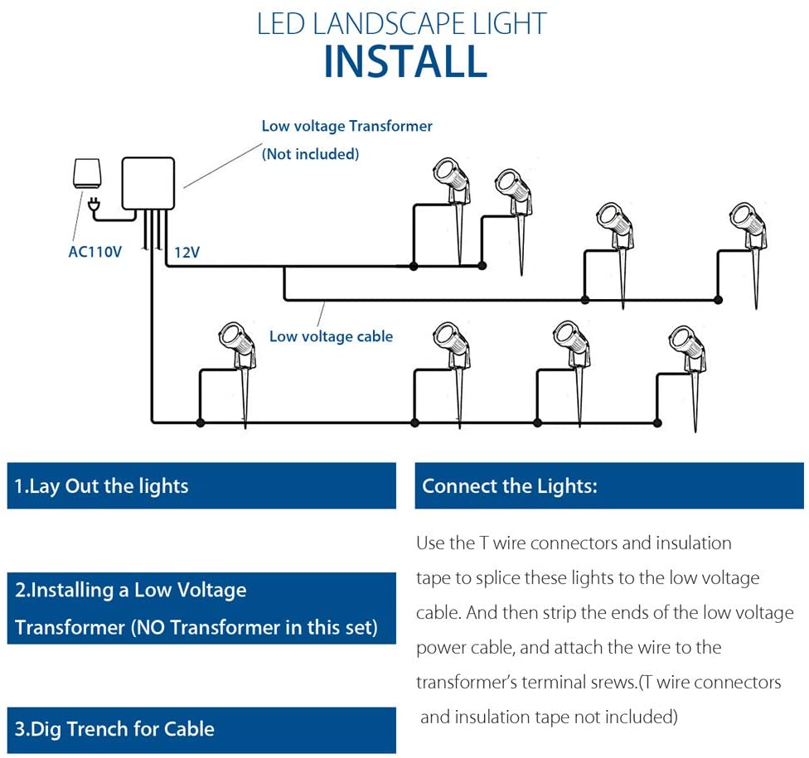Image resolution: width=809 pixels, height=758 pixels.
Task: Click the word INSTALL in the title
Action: point(404,62)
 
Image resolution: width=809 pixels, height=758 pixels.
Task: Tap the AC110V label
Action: point(94,251)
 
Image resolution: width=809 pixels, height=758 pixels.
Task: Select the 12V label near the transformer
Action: point(187,251)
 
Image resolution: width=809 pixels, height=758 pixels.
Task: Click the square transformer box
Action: point(148,182)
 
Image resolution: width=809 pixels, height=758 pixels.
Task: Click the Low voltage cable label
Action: point(331,336)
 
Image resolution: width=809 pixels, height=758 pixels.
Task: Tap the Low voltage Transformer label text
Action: point(346,126)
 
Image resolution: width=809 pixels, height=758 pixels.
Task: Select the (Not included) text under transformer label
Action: point(310,153)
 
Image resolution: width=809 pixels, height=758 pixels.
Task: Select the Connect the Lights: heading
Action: point(509,486)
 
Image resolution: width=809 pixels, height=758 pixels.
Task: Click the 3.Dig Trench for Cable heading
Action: point(115,730)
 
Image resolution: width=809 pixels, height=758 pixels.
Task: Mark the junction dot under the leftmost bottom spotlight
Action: point(200,422)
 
